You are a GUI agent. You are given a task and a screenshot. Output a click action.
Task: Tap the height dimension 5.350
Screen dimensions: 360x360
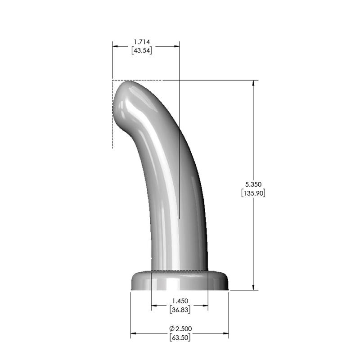click(x=253, y=184)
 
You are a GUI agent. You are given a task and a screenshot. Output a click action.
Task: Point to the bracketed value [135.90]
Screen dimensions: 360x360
click(x=253, y=193)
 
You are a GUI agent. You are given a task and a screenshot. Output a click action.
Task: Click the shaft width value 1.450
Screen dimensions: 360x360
click(x=180, y=301)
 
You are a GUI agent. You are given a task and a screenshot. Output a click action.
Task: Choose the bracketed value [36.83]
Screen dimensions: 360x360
click(x=180, y=310)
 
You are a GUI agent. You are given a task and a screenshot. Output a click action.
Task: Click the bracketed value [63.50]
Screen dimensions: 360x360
click(x=180, y=337)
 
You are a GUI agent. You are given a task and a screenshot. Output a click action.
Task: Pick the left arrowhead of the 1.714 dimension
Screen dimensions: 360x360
click(x=115, y=46)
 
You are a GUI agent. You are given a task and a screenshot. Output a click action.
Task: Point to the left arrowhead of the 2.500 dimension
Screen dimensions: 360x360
click(x=134, y=333)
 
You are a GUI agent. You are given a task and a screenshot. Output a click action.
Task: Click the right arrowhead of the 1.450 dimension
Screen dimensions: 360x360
click(x=205, y=306)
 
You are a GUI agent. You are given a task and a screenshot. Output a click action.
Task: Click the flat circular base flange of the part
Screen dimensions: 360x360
click(x=180, y=281)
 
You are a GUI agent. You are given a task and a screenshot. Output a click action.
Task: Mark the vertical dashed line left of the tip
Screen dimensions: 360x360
click(x=112, y=126)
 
